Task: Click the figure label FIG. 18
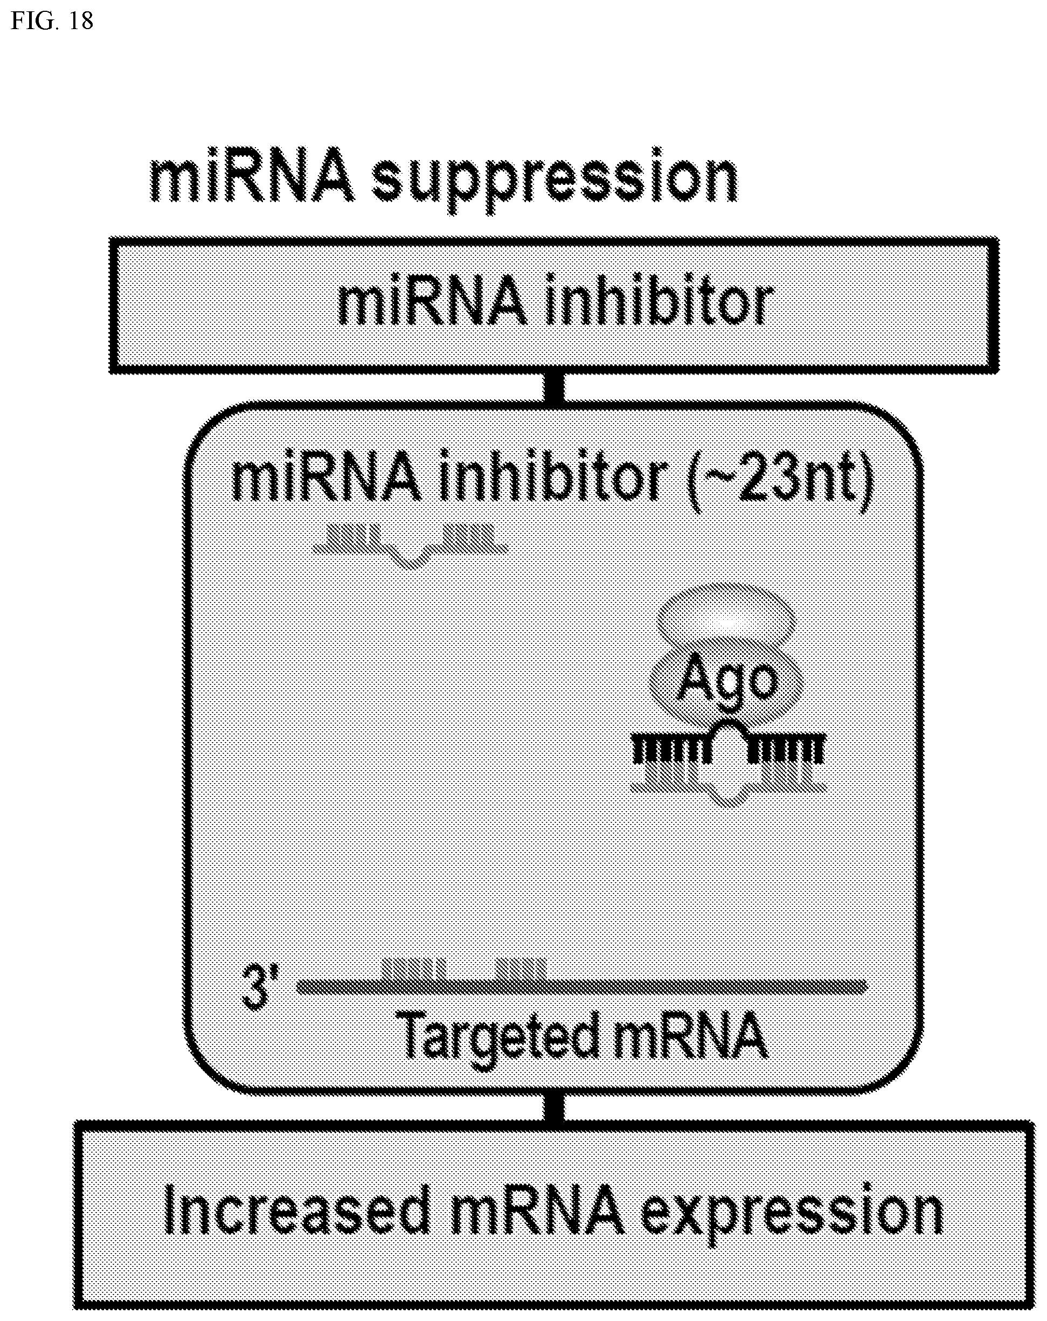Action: coord(52,21)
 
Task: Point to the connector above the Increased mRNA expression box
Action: coord(554,1109)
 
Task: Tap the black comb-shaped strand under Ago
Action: coord(729,744)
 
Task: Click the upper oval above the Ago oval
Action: coord(726,620)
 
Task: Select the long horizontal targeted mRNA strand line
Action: coord(582,986)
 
